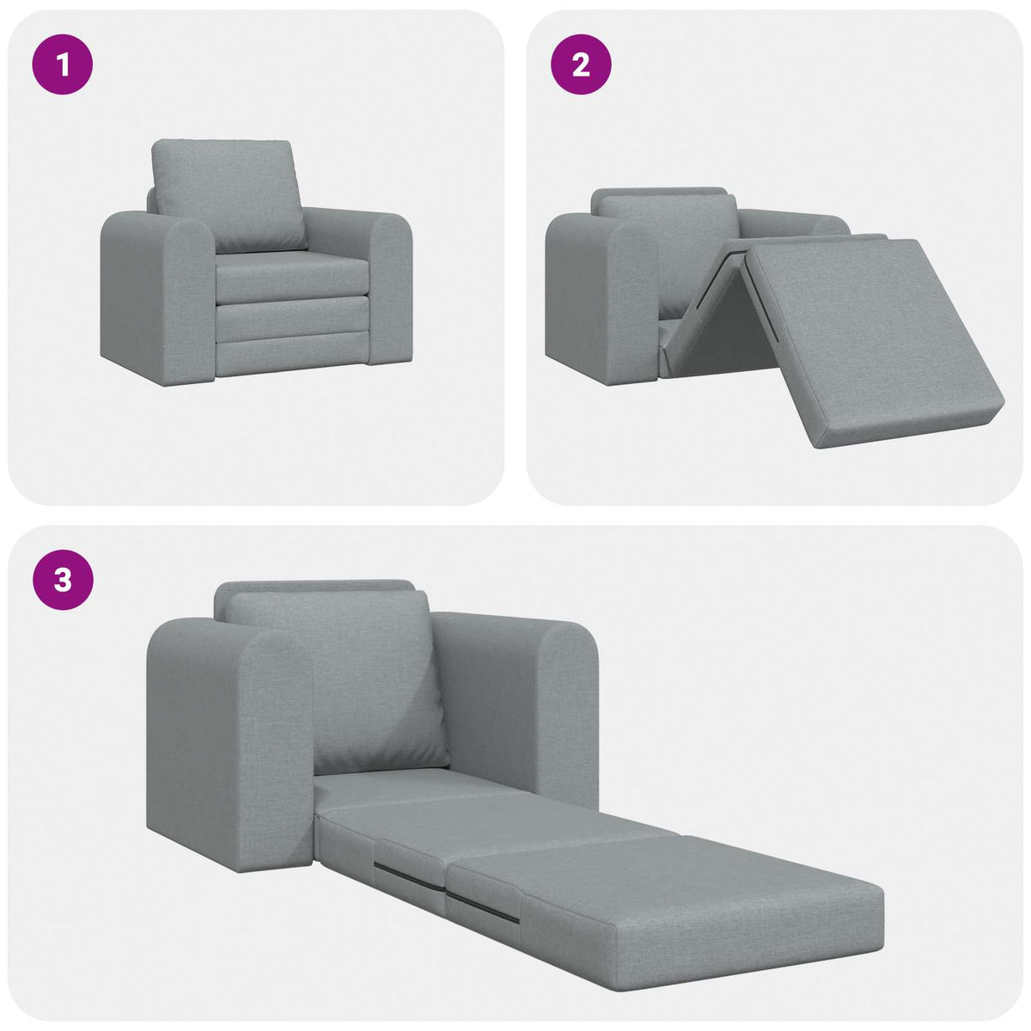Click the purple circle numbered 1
(x=62, y=64)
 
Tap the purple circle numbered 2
(x=581, y=64)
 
